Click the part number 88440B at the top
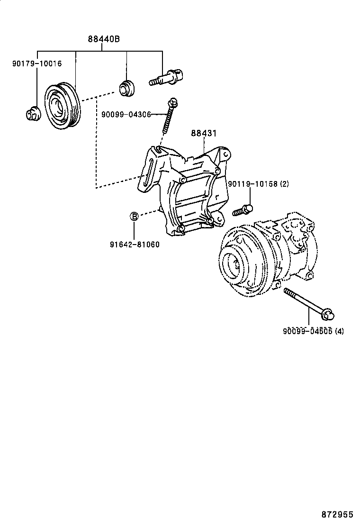[103, 39]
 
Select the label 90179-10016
[37, 63]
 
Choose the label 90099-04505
[308, 331]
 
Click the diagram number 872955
[337, 514]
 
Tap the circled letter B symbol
[135, 217]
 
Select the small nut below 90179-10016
[32, 114]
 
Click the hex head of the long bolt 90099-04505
[328, 313]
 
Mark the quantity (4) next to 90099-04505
[339, 331]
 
